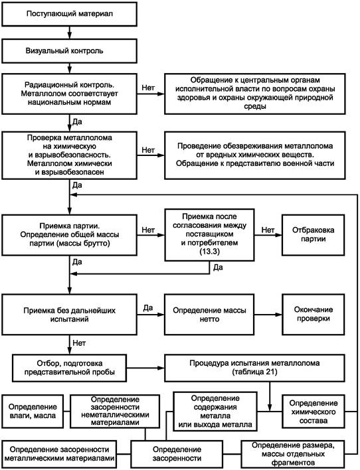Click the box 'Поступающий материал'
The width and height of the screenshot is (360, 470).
[69, 14]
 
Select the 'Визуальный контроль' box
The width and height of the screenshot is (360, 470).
[69, 51]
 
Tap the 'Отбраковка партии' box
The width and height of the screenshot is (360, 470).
[314, 235]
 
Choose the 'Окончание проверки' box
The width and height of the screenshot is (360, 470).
[314, 315]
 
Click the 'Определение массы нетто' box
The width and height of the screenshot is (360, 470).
[209, 315]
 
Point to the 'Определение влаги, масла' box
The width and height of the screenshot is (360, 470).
[33, 412]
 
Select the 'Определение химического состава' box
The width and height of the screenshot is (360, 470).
[314, 412]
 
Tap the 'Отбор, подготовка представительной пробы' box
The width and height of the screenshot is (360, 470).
[69, 368]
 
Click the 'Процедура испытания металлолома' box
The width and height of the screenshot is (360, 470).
[254, 368]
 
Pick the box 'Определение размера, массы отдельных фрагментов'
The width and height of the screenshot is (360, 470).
[293, 454]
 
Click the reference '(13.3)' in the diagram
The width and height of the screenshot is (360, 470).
[209, 252]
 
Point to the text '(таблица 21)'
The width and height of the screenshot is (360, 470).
[254, 372]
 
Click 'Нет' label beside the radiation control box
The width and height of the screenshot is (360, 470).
[148, 88]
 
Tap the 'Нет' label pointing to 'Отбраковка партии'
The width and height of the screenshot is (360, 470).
[268, 230]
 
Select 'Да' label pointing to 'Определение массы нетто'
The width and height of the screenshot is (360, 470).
[148, 308]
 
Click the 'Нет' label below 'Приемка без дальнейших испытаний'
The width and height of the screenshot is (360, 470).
[79, 343]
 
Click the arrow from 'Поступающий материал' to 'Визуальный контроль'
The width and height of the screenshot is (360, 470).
[70, 33]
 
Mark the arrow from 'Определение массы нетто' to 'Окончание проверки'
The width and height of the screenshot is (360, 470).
[268, 315]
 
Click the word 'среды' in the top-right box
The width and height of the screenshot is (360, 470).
[254, 106]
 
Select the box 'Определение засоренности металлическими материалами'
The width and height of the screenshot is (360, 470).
[59, 454]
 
